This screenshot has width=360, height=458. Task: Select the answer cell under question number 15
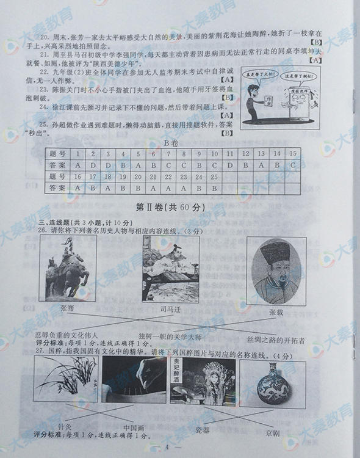293,165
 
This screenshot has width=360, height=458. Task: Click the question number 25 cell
214,176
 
